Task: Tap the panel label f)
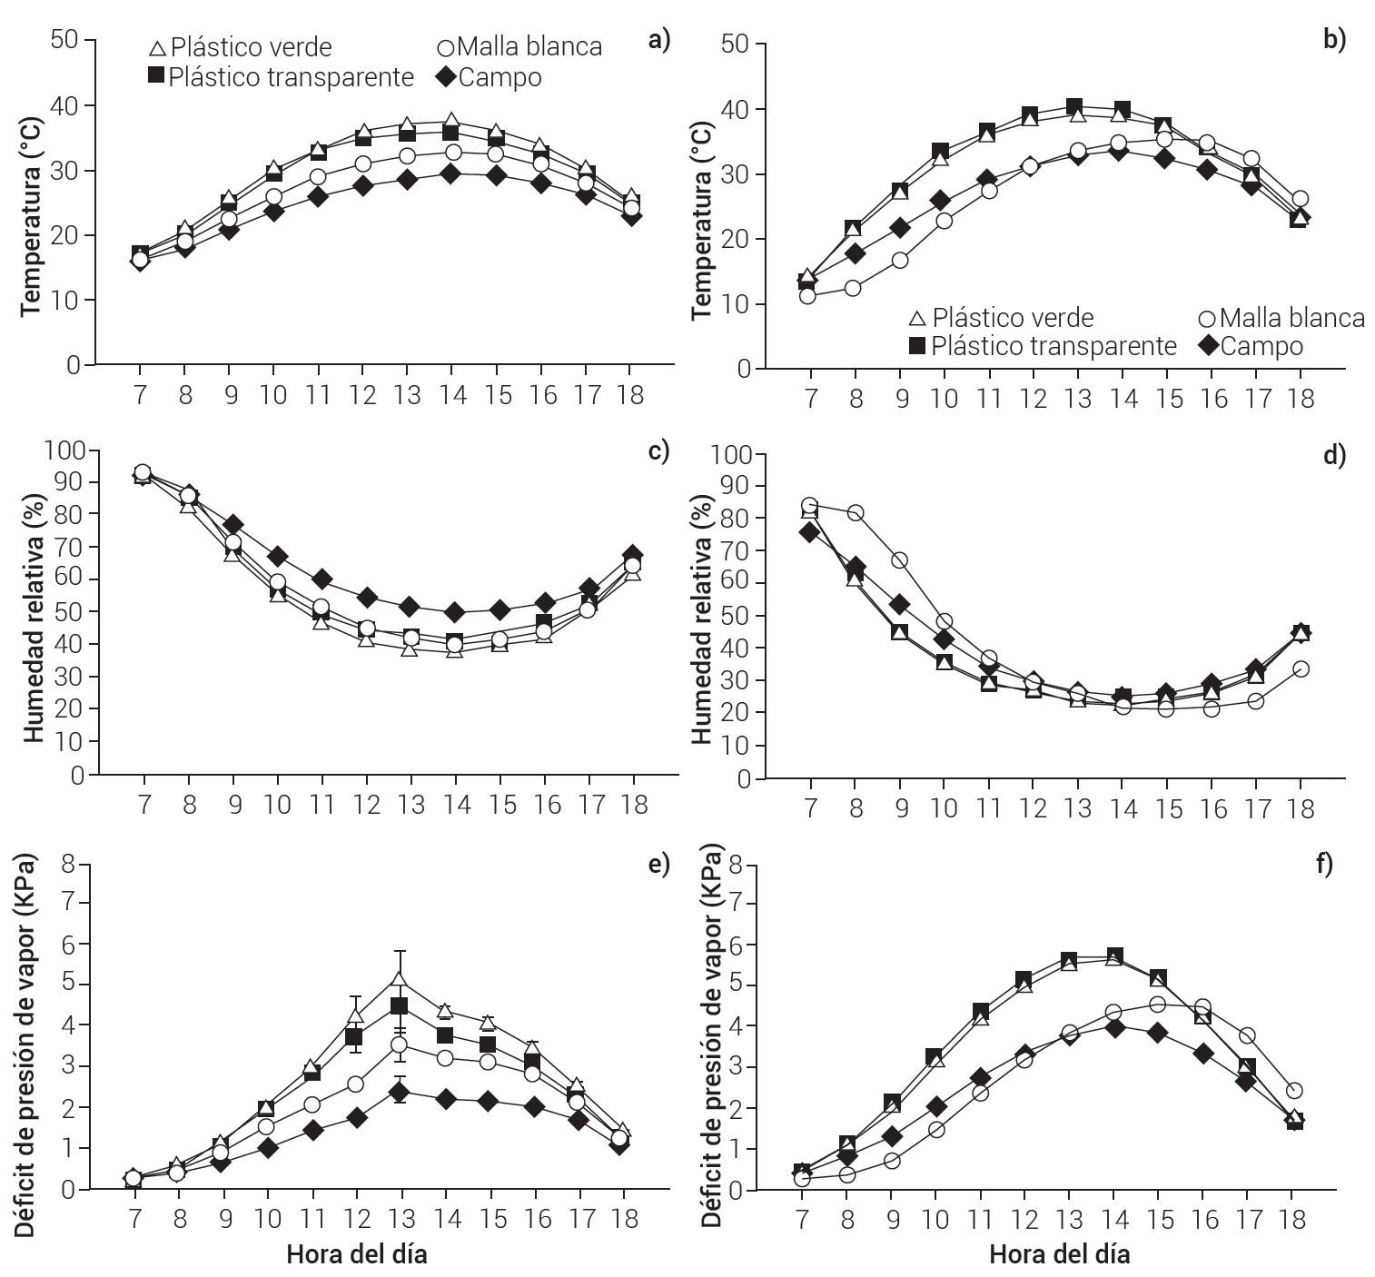click(1327, 864)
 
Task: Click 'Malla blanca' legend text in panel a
click(529, 46)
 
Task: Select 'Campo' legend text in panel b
click(1261, 346)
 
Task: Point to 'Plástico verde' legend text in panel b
click(1013, 318)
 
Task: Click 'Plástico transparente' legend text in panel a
click(291, 77)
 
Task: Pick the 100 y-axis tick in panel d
click(734, 455)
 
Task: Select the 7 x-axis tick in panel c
click(143, 805)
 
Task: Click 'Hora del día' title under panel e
click(357, 1256)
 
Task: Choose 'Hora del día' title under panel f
click(1059, 1256)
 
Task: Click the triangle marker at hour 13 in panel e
click(399, 979)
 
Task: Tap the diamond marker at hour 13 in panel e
click(399, 1093)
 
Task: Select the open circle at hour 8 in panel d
click(854, 512)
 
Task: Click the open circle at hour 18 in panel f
click(1294, 1090)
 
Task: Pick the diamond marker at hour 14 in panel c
click(454, 612)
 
